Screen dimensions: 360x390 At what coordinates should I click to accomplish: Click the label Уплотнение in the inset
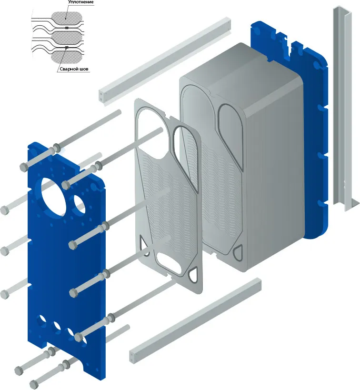pyautogui.click(x=80, y=2)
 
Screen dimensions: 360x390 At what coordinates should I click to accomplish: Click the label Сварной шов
pyautogui.click(x=74, y=69)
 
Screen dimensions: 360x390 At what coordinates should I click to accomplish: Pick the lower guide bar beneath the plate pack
pyautogui.click(x=195, y=320)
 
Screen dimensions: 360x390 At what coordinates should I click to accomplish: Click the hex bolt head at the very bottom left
pyautogui.click(x=34, y=384)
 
